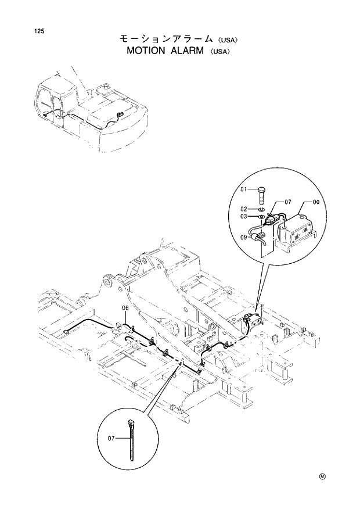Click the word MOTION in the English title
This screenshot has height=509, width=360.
point(146,51)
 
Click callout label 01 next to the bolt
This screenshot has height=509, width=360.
point(244,189)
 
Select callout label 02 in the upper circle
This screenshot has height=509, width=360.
point(244,209)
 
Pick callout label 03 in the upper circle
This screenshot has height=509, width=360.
point(244,217)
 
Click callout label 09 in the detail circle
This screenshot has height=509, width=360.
point(244,236)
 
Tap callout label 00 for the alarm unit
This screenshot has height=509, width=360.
point(316,202)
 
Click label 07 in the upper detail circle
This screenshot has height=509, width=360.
point(287,202)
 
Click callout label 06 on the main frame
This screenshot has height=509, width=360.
point(125,307)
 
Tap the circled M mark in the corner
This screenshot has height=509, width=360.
point(322,476)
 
